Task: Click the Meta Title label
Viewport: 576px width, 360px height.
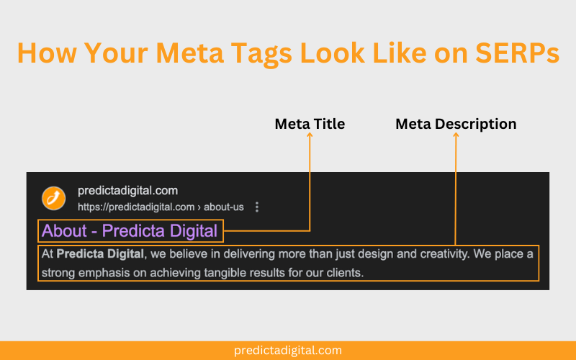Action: coord(310,124)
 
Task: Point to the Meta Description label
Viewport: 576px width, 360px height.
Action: coord(456,124)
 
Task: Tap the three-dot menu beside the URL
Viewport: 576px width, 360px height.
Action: coord(257,207)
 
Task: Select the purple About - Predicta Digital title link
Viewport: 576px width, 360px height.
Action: coord(130,231)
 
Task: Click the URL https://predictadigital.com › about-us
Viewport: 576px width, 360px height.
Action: coord(161,207)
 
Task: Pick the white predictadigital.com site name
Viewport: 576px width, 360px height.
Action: coord(127,192)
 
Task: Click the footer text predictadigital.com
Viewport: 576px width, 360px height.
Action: coord(288,351)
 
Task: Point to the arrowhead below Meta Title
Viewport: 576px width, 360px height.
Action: coord(310,136)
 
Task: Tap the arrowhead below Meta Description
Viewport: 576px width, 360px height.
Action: coord(456,136)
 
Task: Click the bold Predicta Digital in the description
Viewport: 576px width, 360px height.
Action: coord(101,254)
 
